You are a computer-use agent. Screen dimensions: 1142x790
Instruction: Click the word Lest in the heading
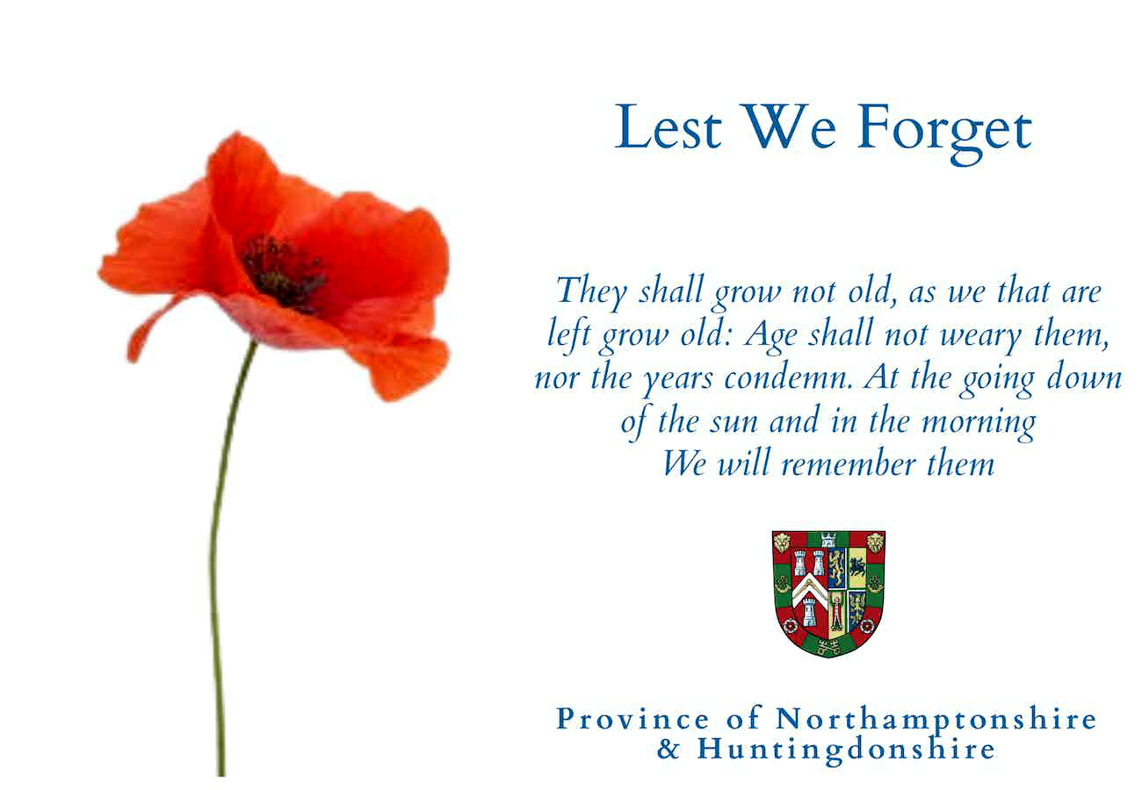pos(669,126)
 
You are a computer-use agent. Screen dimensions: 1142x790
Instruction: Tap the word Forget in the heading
pos(944,133)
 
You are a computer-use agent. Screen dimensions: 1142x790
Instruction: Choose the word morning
pos(979,424)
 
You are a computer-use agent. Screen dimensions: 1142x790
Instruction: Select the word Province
pos(632,719)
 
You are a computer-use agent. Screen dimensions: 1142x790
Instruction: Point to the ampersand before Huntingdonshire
pos(668,749)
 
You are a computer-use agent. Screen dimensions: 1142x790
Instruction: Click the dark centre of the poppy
pos(284,273)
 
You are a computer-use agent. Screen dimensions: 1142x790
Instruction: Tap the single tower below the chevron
pos(808,612)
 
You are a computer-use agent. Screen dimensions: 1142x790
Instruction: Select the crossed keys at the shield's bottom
pos(828,647)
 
